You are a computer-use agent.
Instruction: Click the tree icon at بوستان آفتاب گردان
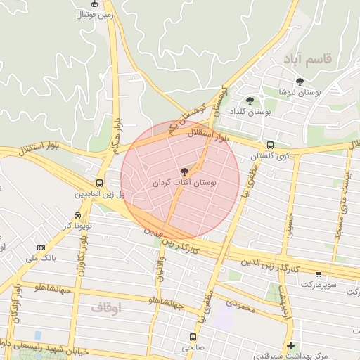click(185, 171)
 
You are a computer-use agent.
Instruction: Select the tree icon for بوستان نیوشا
click(300, 82)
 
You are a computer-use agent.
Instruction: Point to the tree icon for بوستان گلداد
click(250, 101)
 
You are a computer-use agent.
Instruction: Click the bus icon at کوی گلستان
click(271, 144)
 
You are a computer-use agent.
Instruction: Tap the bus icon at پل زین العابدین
click(98, 182)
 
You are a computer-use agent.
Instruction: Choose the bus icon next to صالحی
click(193, 336)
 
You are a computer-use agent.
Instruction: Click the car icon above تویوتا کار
click(77, 215)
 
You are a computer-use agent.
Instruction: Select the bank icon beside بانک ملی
click(41, 247)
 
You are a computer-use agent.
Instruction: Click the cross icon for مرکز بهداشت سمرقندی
click(290, 345)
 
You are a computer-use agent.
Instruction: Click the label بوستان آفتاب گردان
click(185, 182)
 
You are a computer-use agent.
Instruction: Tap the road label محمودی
click(240, 304)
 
